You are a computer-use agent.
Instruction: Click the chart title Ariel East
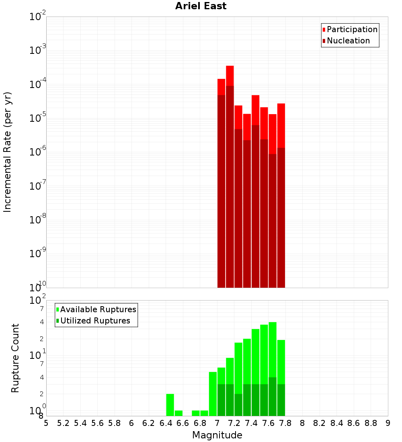coord(201,6)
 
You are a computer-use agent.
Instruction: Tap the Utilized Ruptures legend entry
coord(95,321)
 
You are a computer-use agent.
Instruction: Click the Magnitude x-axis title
coord(217,435)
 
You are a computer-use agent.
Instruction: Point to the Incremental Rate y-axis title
coord(8,152)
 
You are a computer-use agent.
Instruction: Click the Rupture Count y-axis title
coord(15,358)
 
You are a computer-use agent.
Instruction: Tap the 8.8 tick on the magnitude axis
coord(371,423)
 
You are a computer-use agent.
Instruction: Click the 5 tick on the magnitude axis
coord(46,423)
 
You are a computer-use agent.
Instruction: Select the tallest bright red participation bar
coord(230,76)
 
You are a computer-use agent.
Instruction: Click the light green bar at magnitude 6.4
coord(170,405)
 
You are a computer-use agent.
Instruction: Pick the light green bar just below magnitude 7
coord(213,394)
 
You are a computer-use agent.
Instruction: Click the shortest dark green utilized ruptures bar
coord(238,405)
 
